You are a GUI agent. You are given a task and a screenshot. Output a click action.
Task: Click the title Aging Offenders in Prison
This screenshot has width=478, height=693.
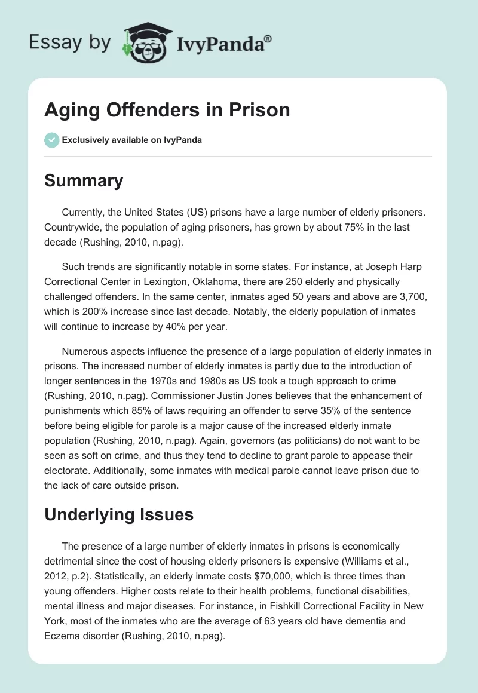point(167,110)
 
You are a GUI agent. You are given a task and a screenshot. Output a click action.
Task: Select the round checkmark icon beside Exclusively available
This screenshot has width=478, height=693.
point(51,140)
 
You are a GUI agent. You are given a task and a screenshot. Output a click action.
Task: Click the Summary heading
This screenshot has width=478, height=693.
point(84,180)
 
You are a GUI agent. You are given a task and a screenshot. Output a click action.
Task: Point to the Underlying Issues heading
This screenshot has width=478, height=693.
point(119,515)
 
